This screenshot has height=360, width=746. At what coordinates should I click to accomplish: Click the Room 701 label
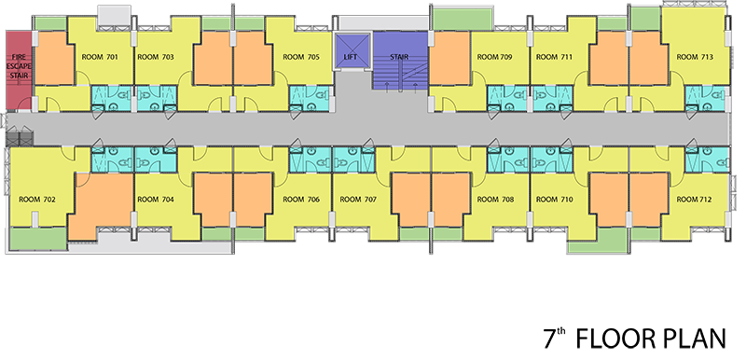[x=100, y=57]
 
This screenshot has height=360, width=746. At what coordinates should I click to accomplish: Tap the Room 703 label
[x=156, y=57]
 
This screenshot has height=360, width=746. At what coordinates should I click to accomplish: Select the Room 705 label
[x=301, y=57]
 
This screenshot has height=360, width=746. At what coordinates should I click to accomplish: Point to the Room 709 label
[x=495, y=57]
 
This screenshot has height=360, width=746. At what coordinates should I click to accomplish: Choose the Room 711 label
[x=554, y=57]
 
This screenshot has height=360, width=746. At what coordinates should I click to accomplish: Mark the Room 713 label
[x=695, y=57]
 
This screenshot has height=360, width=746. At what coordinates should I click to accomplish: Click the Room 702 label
[x=37, y=200]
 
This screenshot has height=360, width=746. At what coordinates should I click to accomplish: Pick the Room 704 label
[x=156, y=200]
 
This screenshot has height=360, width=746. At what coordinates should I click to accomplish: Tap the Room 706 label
[x=301, y=200]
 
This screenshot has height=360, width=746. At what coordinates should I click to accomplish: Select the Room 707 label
[x=358, y=200]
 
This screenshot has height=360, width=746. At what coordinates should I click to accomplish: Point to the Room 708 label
[x=495, y=200]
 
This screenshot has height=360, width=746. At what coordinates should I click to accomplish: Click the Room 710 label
[x=554, y=200]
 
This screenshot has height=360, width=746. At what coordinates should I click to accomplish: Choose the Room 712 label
[x=695, y=200]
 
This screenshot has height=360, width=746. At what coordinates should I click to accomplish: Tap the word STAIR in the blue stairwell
[x=399, y=57]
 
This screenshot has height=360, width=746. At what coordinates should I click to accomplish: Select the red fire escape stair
[x=19, y=70]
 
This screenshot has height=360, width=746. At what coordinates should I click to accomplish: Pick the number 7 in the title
[x=550, y=339]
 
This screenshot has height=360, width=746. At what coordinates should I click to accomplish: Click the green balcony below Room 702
[x=38, y=239]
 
